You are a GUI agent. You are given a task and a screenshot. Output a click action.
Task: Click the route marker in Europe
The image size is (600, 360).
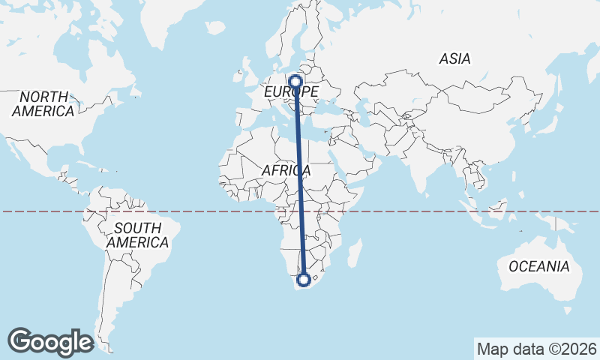tap(295, 80)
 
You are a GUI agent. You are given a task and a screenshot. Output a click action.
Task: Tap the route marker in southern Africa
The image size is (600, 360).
tap(304, 280)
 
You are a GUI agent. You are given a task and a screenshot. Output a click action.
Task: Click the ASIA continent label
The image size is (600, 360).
tap(454, 58)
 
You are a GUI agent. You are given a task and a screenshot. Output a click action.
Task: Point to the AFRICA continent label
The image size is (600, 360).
tap(286, 171)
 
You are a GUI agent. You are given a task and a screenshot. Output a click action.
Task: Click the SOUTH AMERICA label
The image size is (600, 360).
tap(137, 235)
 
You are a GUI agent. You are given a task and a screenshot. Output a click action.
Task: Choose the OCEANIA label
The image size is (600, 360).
tap(538, 266)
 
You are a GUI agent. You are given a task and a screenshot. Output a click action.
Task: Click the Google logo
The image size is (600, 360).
tap(50, 341)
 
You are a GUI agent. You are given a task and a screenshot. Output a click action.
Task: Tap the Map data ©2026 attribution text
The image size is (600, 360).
tap(537, 349)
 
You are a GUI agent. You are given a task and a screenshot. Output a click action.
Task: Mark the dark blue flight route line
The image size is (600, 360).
tap(300, 180)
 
